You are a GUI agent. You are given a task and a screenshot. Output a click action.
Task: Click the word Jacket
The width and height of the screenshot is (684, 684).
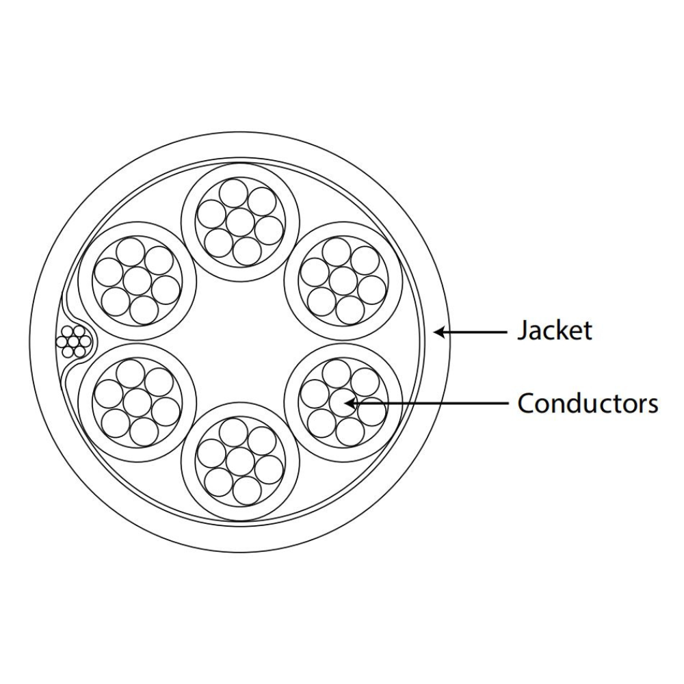[x=555, y=330]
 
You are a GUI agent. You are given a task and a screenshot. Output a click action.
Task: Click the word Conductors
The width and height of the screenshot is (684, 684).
[x=588, y=403]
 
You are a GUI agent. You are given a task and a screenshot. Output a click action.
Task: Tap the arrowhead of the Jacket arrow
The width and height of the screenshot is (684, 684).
[x=440, y=332]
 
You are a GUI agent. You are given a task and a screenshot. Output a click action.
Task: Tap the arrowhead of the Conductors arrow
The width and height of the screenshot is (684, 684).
[x=351, y=403]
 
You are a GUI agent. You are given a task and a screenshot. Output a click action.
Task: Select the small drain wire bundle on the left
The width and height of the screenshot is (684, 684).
[x=74, y=341]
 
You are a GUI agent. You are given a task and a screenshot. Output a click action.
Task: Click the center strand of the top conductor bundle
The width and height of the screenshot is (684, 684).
[x=240, y=222]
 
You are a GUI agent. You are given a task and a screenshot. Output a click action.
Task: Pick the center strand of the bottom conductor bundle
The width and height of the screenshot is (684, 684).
[x=240, y=462]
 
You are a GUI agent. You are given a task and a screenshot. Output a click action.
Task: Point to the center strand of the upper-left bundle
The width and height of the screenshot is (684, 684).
[x=137, y=281]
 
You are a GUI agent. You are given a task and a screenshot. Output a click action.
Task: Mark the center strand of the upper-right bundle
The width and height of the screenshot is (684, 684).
[x=343, y=281]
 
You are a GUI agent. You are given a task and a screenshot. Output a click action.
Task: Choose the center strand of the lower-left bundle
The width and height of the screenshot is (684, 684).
[x=137, y=402]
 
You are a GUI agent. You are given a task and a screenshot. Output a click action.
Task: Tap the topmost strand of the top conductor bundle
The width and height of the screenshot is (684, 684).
[x=233, y=194]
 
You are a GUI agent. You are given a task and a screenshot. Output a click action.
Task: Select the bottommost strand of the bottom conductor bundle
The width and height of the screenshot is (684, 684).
[x=248, y=490]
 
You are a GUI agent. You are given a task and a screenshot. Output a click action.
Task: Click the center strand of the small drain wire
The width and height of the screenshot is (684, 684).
[x=74, y=341]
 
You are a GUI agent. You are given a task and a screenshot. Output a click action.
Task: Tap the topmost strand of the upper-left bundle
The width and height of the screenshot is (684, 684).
[x=130, y=252]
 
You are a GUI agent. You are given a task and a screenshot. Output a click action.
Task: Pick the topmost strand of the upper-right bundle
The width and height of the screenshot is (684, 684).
[x=337, y=252]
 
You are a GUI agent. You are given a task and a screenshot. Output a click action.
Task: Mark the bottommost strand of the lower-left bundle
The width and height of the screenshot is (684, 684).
[x=144, y=432]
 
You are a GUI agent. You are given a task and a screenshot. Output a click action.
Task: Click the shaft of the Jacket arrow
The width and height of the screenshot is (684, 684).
[x=475, y=332]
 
